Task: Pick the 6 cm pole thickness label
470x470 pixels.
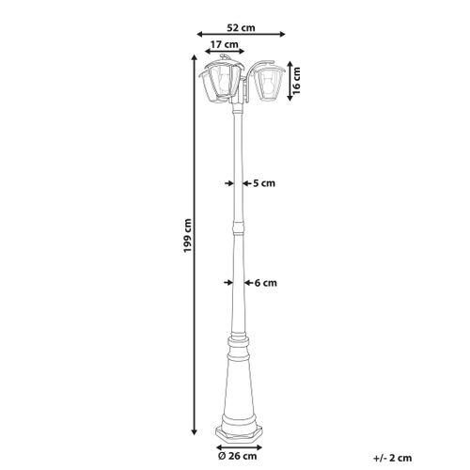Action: (x=263, y=281)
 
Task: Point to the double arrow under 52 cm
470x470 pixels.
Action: (x=242, y=38)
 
